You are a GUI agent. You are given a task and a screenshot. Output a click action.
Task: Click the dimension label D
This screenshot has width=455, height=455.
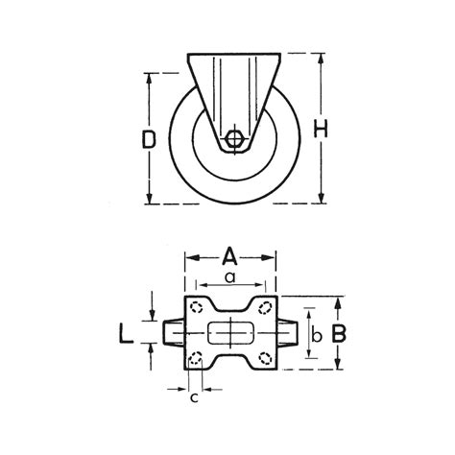click(x=149, y=140)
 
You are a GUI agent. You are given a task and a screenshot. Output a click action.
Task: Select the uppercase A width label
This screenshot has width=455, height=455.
click(x=229, y=255)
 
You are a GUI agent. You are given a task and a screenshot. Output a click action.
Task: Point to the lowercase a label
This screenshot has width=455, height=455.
click(x=229, y=277)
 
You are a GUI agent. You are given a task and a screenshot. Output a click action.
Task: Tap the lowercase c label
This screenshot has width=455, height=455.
click(x=195, y=397)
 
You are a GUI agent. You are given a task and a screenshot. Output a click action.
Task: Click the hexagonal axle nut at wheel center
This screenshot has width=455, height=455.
click(x=233, y=139)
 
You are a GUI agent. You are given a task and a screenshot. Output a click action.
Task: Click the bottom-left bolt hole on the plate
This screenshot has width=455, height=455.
click(x=196, y=360)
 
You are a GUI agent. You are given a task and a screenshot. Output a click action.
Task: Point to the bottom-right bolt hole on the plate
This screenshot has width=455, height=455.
click(x=262, y=360)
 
